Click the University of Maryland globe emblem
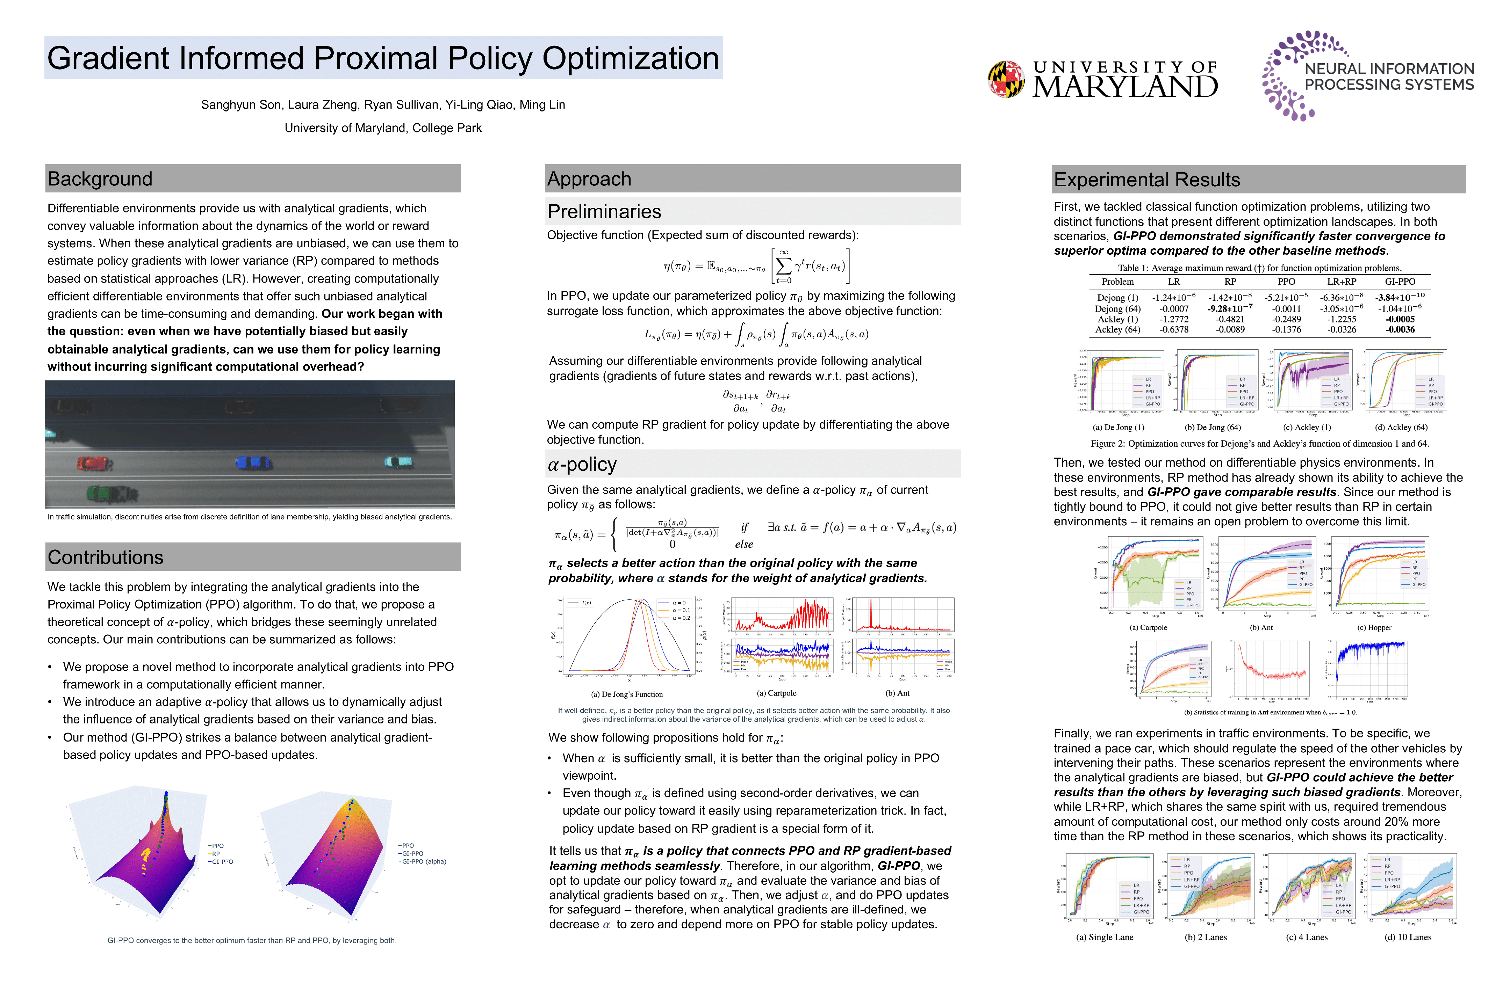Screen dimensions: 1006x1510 (1006, 79)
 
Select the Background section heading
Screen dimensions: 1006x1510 (100, 179)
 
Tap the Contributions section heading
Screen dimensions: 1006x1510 (105, 557)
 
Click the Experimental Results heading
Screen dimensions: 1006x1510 (1146, 180)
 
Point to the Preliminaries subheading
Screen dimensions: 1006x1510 (604, 212)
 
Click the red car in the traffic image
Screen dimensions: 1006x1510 (94, 463)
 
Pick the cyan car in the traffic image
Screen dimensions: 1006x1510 (399, 461)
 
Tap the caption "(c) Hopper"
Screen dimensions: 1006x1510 (1374, 627)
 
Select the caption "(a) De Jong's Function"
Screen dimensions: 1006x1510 (627, 694)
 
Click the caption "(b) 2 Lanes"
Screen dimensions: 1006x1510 (1205, 937)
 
